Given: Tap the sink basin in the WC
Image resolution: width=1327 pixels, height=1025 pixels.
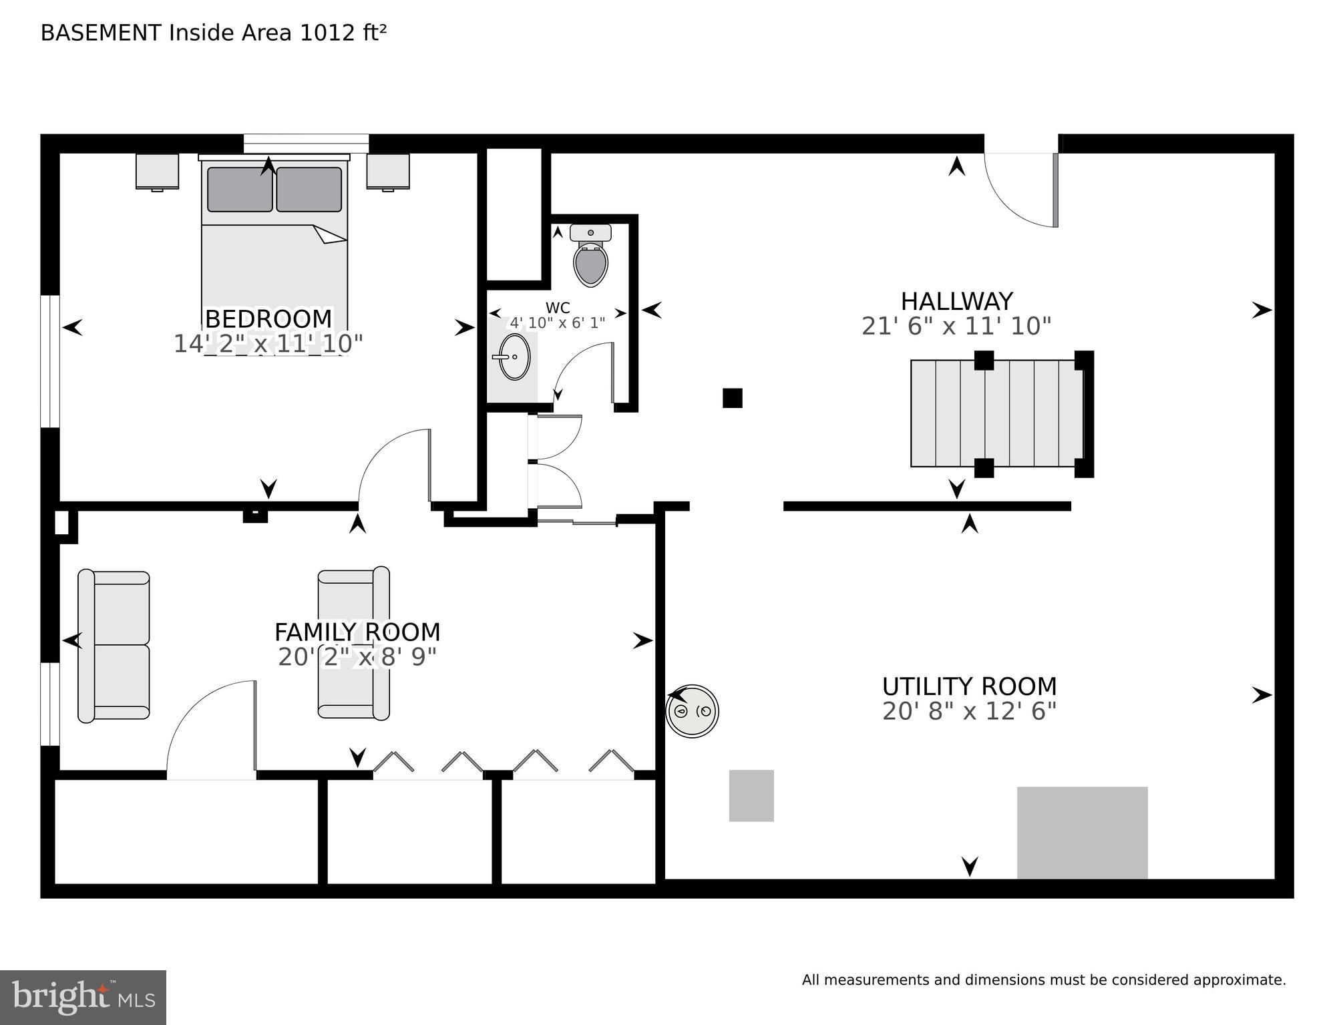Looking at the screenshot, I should [x=515, y=357].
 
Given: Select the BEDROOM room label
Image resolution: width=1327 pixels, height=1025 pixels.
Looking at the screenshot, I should [x=268, y=319].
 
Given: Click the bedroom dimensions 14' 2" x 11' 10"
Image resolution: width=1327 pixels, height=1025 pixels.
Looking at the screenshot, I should [x=268, y=344].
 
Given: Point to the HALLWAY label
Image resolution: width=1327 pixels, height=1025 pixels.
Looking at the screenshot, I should [x=956, y=301].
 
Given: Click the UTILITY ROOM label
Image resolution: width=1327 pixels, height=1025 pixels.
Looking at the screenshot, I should [x=969, y=686].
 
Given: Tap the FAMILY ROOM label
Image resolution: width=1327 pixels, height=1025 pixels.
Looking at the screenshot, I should [x=357, y=632].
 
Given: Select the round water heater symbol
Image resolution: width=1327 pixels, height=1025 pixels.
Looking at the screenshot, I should [x=693, y=711].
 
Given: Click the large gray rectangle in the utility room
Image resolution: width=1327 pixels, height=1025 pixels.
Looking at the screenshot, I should [x=1082, y=832].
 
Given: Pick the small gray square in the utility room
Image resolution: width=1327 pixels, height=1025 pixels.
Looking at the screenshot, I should [x=751, y=795].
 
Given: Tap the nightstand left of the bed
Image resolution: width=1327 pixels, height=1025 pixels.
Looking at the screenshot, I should [x=157, y=172].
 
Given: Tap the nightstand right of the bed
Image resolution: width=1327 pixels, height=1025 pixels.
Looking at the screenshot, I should [x=387, y=172].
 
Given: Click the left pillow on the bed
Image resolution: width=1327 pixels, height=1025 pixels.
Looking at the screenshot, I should [x=240, y=190].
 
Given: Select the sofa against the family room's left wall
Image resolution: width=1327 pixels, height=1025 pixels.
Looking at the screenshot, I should [x=114, y=646].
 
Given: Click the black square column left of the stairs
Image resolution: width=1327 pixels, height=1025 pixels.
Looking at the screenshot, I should [x=733, y=398].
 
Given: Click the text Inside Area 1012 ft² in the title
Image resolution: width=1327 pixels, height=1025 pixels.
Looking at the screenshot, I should [x=277, y=33].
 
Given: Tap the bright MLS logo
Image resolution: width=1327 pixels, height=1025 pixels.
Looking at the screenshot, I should [x=83, y=997].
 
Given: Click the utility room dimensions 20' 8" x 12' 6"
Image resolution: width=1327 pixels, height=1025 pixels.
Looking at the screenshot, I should [x=969, y=712].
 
